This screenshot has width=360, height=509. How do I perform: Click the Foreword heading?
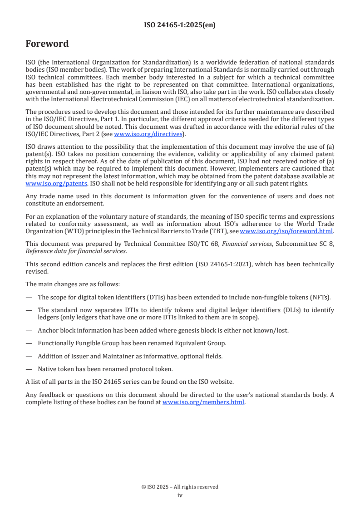pyautogui.click(x=47, y=44)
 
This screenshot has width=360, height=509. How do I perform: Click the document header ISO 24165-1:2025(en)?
pyautogui.click(x=180, y=25)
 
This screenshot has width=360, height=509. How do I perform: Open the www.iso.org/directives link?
pyautogui.click(x=148, y=134)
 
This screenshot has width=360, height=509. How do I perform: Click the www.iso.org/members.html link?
pyautogui.click(x=203, y=402)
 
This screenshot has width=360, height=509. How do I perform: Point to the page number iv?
pyautogui.click(x=180, y=495)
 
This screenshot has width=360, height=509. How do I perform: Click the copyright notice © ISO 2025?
pyautogui.click(x=180, y=487)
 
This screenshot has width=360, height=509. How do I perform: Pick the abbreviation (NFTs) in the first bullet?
pyautogui.click(x=320, y=298)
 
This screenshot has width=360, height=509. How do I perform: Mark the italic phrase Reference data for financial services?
pyautogui.click(x=76, y=250)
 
